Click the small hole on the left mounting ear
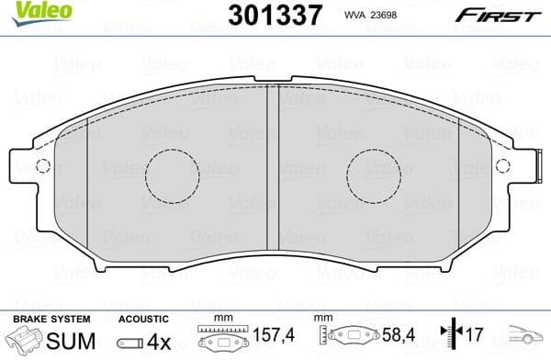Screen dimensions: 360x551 [40, 166]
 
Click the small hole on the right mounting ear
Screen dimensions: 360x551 [501, 166]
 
